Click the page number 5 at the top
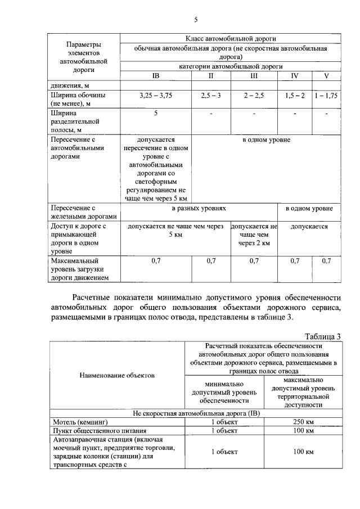point(196,20)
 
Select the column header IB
point(156,75)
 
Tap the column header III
point(254,75)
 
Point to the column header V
point(326,75)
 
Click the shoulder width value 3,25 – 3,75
point(156,96)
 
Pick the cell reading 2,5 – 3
point(211,96)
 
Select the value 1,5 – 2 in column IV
point(295,96)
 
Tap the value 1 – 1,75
point(326,96)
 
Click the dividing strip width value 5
point(156,114)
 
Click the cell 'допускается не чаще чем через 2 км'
point(254,235)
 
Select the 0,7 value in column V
point(326,260)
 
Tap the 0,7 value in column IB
point(156,260)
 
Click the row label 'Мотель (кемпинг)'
point(79,421)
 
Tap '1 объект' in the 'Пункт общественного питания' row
point(224,430)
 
